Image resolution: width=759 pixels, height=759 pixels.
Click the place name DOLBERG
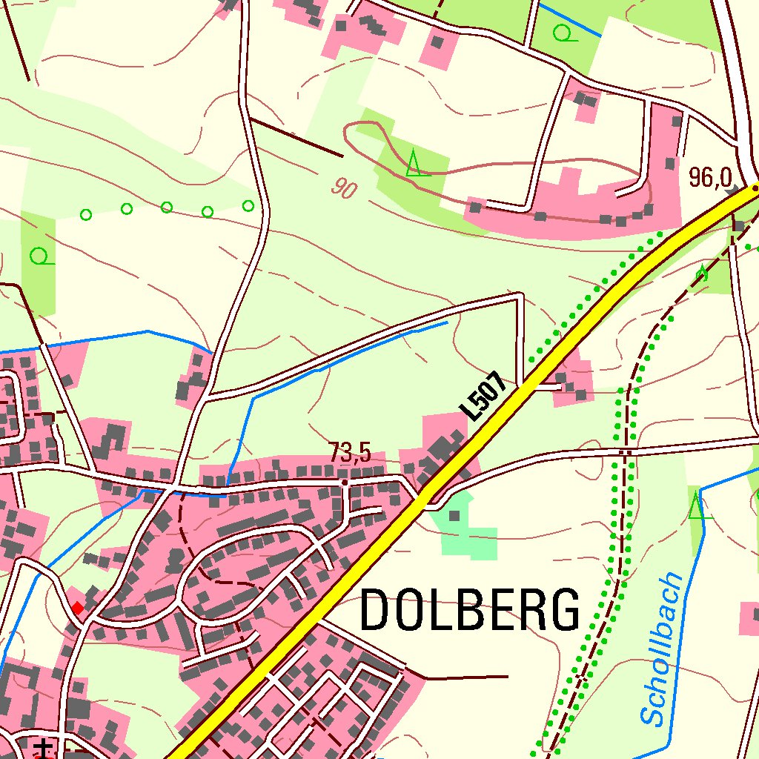(x=470, y=610)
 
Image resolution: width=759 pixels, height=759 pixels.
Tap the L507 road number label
(x=483, y=397)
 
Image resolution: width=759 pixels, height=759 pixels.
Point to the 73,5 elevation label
(x=350, y=453)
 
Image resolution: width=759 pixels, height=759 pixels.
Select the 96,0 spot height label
(x=710, y=177)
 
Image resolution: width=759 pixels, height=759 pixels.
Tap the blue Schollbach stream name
(x=661, y=649)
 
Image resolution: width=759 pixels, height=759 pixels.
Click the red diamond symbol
(x=78, y=608)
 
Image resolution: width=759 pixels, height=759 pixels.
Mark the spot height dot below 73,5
(x=345, y=482)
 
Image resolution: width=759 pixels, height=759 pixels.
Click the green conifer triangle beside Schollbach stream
(x=695, y=508)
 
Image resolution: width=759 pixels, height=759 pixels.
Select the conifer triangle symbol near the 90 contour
(x=415, y=162)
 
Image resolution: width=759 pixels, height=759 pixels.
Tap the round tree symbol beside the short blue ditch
(x=565, y=33)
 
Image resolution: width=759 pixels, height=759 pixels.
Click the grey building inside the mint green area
(x=454, y=514)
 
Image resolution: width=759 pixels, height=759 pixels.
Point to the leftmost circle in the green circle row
(x=86, y=215)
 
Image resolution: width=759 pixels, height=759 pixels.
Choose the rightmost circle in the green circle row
(x=248, y=205)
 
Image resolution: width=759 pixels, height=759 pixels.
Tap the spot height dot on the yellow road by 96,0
(x=755, y=188)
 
